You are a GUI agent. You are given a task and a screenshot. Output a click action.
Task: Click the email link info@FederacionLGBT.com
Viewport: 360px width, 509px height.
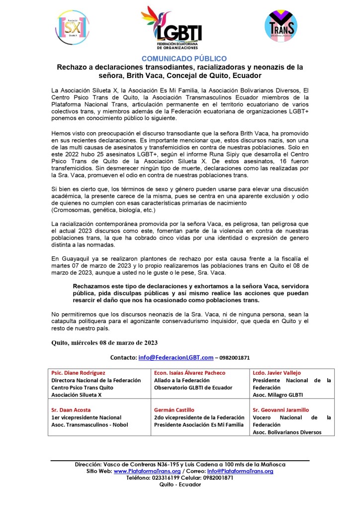point(176,357)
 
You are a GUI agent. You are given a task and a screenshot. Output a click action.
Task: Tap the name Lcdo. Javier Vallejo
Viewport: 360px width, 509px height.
point(277,373)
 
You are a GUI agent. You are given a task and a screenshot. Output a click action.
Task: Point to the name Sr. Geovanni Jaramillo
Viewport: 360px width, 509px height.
point(281,410)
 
